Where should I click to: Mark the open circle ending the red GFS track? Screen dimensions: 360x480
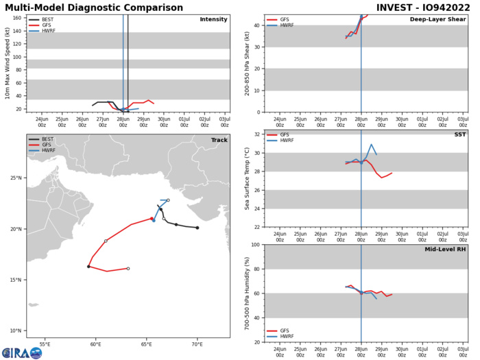(x=147, y=269)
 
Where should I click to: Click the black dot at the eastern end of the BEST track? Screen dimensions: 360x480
(x=197, y=228)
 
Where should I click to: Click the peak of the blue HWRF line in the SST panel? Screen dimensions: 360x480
(x=371, y=164)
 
